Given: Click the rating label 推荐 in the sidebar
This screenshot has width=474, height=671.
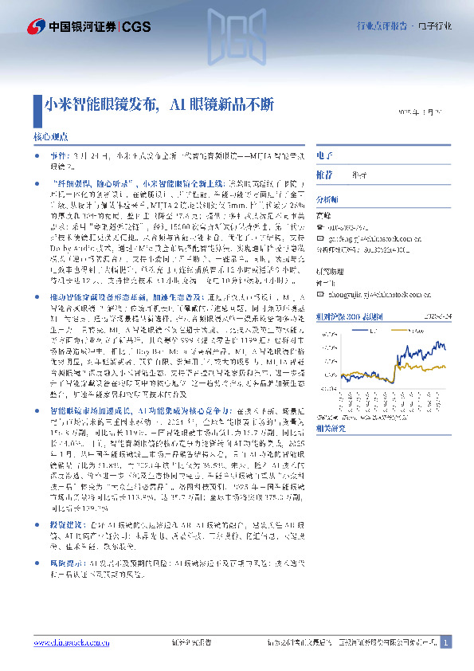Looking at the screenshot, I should click(x=324, y=175).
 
